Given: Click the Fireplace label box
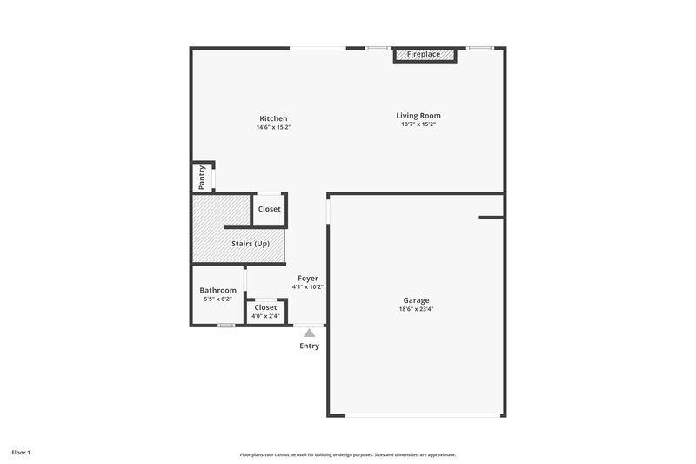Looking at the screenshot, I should coord(424,55).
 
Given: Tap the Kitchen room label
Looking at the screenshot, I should coord(273,118).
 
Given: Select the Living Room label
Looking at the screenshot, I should coord(418,115).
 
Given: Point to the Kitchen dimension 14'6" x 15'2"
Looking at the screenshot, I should coord(273,128).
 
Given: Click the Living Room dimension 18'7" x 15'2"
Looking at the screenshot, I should coord(418,124).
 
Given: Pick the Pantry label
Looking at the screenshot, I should coord(202,177).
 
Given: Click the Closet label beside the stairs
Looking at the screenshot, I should coord(269,209).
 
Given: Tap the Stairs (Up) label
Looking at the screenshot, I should coord(250,244).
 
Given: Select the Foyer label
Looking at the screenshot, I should coord(308,278).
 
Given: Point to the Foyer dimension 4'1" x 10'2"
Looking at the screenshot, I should coord(308,286).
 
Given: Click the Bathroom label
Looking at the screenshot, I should coord(217,290).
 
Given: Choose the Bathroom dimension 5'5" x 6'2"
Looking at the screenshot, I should coord(217,299).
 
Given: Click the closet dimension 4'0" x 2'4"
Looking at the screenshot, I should coord(265,316).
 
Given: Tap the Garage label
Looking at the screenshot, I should coord(416,300).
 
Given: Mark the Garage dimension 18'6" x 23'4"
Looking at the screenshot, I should coord(416,309).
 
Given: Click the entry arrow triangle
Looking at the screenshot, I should coord(309,332).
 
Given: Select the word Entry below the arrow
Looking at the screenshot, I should coord(309,346).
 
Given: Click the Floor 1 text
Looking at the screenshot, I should coord(21,453).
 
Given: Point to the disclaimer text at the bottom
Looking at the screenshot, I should coord(348,454).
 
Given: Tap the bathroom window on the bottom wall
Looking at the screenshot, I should coord(226,326).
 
